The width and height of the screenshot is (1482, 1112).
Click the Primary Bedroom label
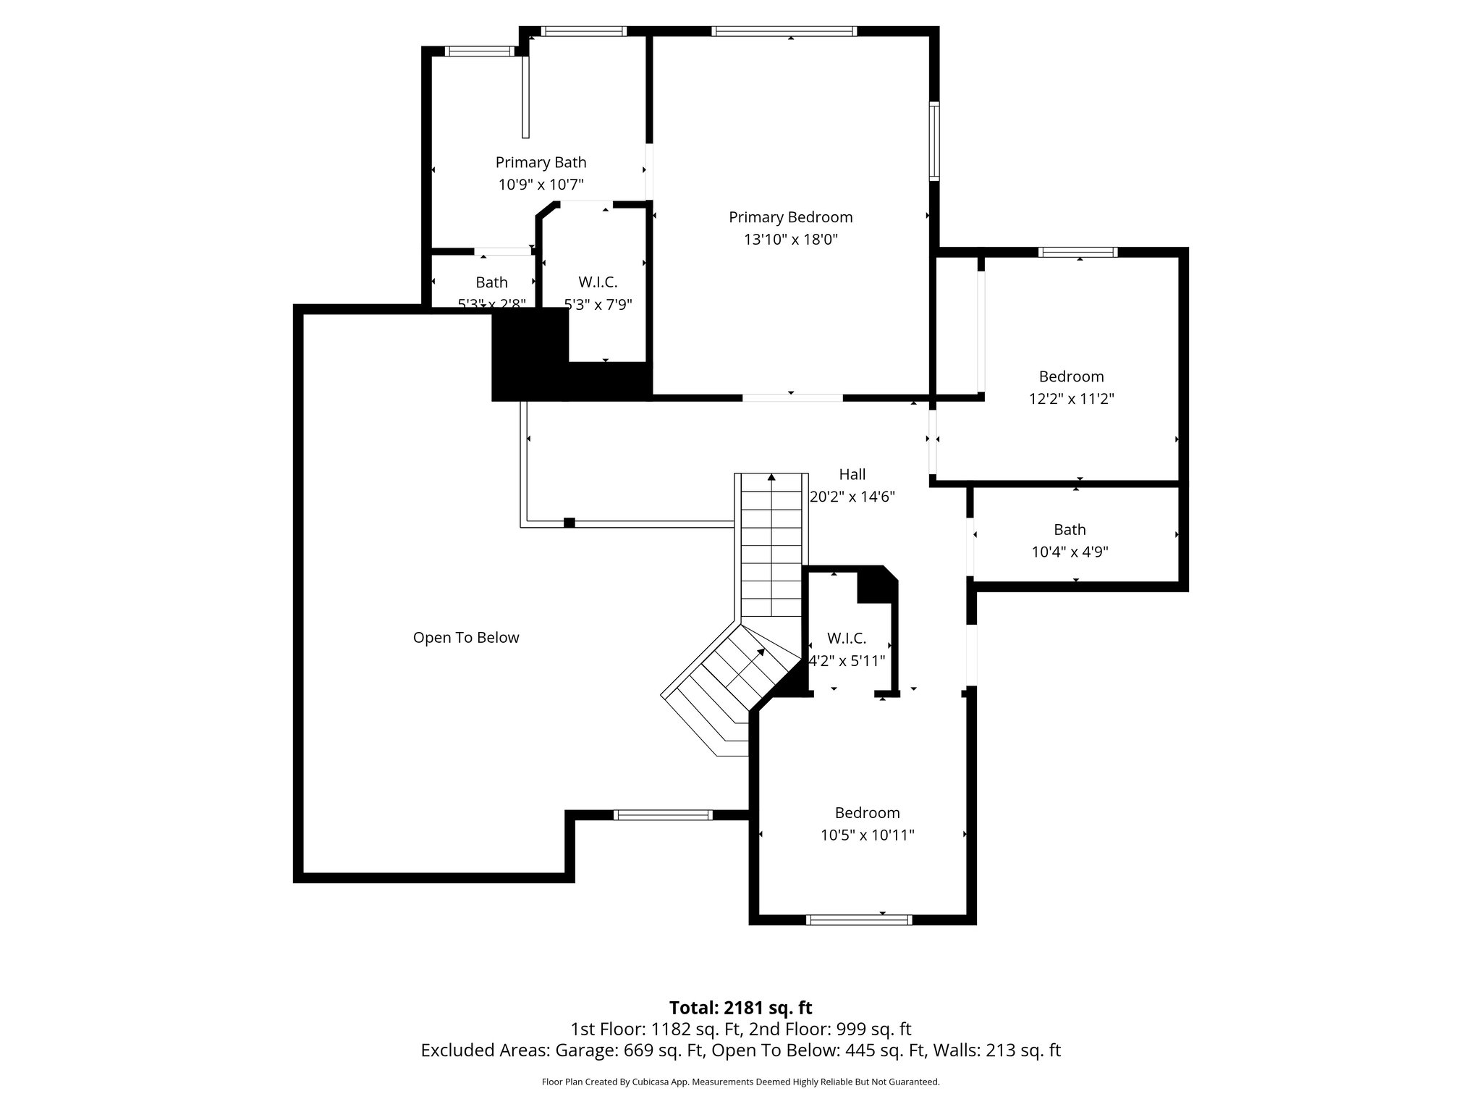(x=790, y=217)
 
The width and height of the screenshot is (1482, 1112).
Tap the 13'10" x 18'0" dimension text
(x=790, y=240)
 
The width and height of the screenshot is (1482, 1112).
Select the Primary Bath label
(x=541, y=162)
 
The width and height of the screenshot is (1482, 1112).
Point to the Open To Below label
(x=466, y=638)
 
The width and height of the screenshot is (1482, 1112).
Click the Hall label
(x=852, y=474)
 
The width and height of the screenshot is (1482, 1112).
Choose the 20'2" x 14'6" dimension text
(x=852, y=497)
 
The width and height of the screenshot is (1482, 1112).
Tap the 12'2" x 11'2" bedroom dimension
(x=1071, y=399)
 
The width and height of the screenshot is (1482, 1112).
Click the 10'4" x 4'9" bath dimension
(x=1070, y=552)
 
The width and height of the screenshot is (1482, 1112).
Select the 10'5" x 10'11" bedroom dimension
(x=867, y=835)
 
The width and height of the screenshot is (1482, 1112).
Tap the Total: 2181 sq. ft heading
(x=740, y=1008)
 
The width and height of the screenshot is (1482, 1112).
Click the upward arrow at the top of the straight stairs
(x=772, y=478)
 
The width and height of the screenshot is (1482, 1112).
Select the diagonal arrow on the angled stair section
(x=760, y=652)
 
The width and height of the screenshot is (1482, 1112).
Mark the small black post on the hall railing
(x=569, y=523)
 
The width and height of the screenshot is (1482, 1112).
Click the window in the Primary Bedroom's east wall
(x=934, y=141)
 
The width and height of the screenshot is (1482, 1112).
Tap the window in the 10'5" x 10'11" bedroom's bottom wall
(x=859, y=919)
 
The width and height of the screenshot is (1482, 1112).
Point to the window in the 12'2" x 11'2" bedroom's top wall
(x=1077, y=252)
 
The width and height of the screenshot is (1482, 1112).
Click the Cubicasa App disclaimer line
(x=740, y=1082)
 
